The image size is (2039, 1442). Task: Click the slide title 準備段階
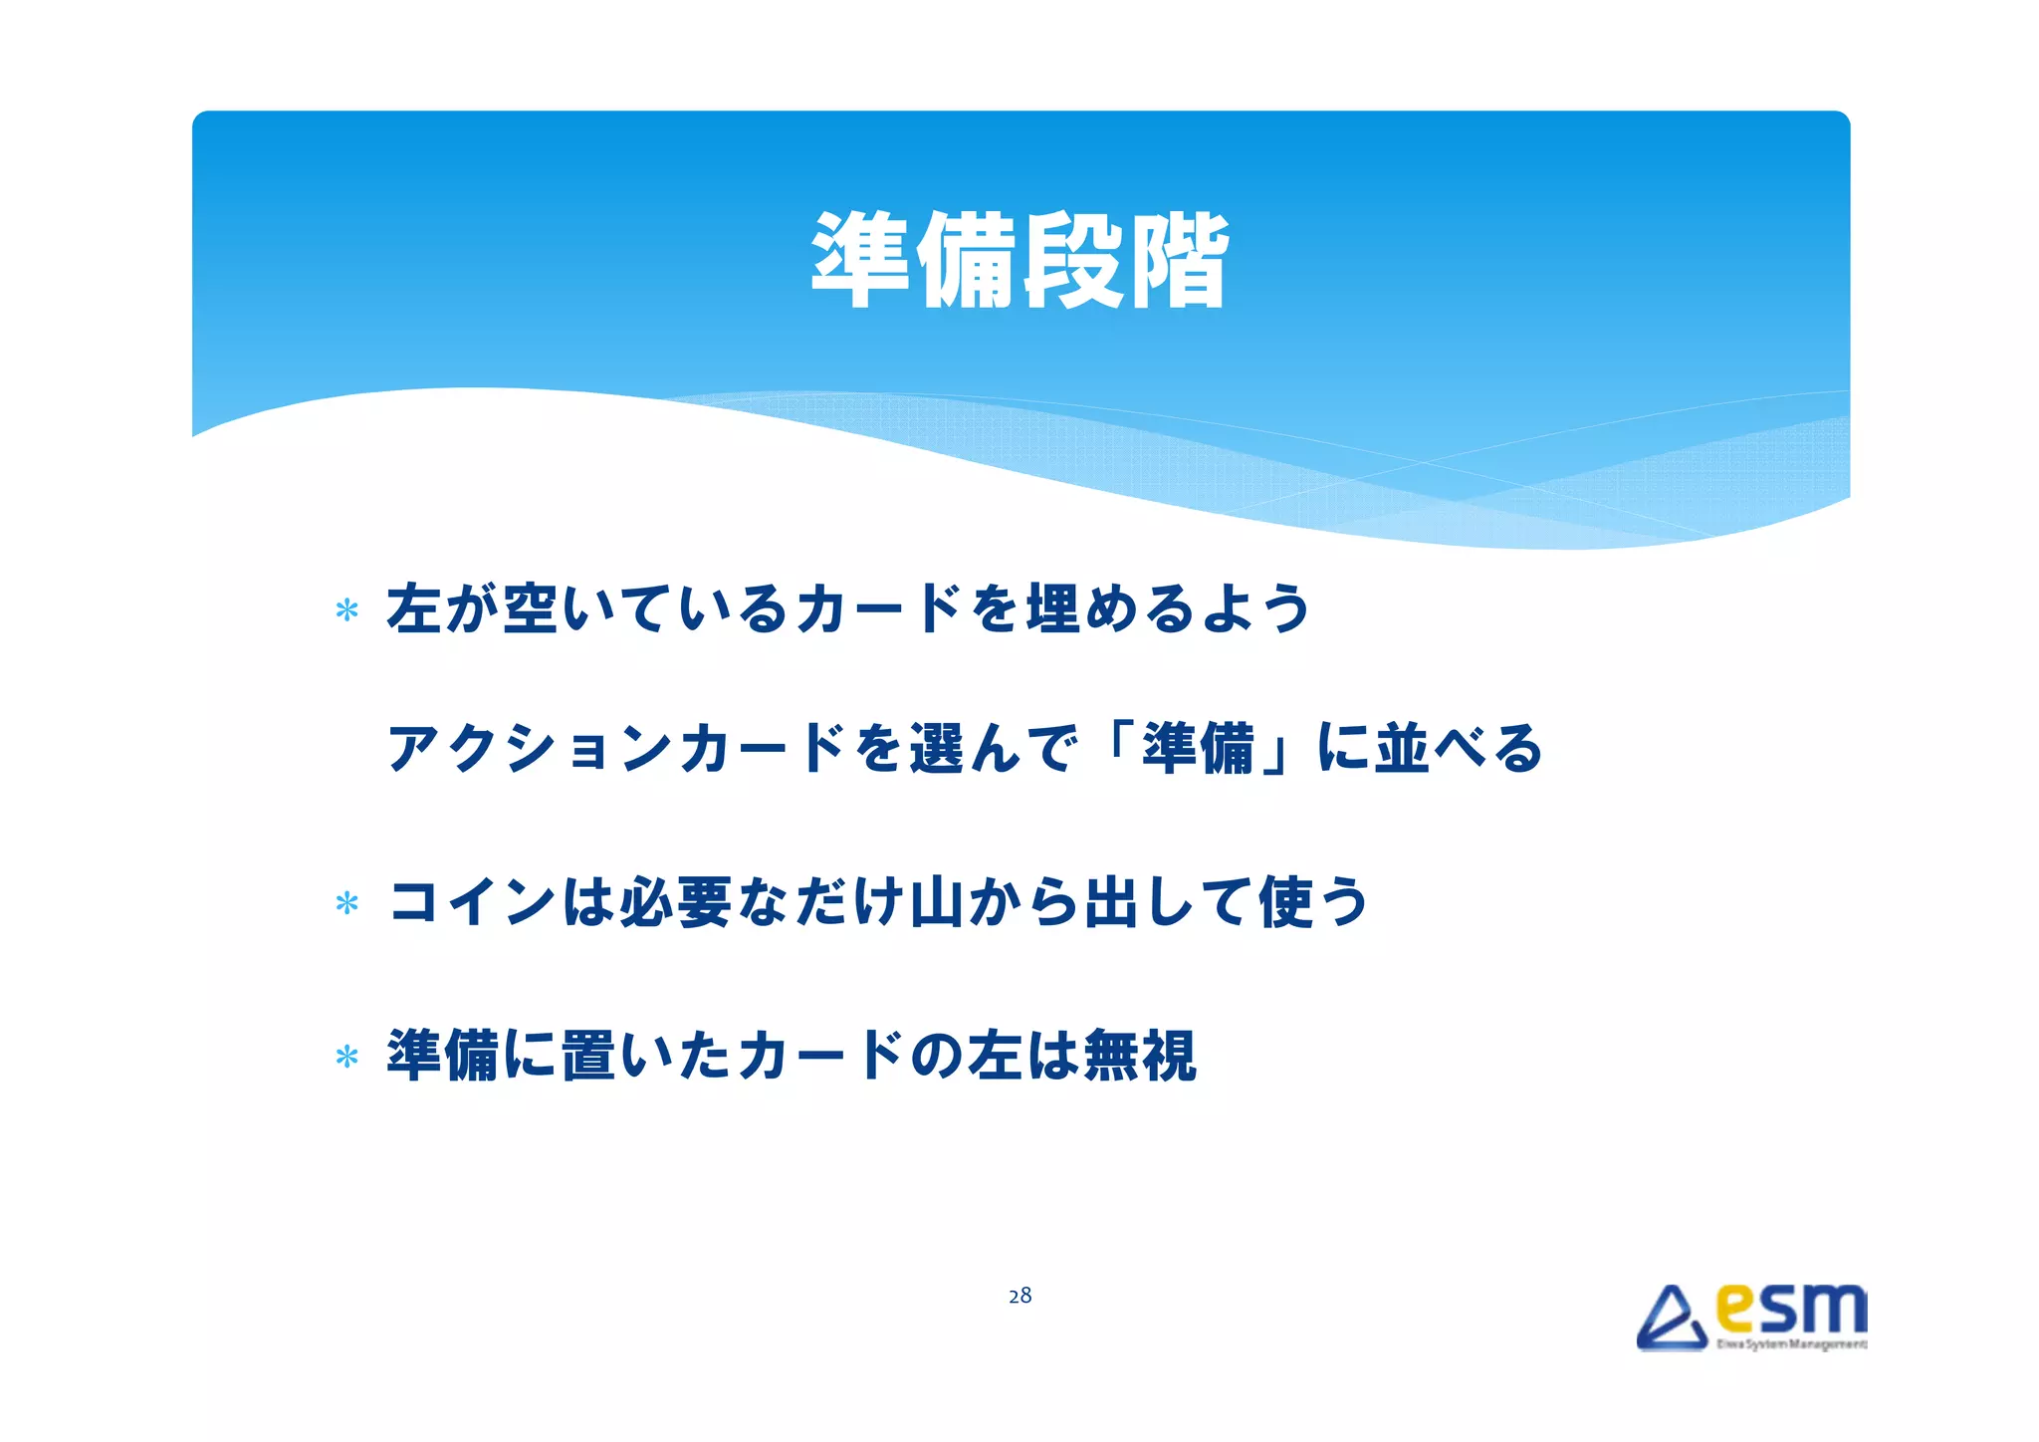pyautogui.click(x=1019, y=261)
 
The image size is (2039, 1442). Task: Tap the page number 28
pyautogui.click(x=1019, y=1296)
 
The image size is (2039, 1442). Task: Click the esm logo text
pyautogui.click(x=1790, y=1311)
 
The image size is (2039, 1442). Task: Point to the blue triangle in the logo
pyautogui.click(x=1671, y=1320)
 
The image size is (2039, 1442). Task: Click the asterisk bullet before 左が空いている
pyautogui.click(x=346, y=609)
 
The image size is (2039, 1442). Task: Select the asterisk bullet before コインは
pyautogui.click(x=346, y=903)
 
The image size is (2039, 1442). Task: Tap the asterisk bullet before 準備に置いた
pyautogui.click(x=346, y=1057)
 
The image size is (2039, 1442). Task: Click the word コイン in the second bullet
pyautogui.click(x=472, y=902)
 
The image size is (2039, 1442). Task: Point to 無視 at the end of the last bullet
pyautogui.click(x=1139, y=1056)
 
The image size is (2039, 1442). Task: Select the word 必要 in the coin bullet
pyautogui.click(x=675, y=902)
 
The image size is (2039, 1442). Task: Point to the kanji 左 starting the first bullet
pyautogui.click(x=414, y=608)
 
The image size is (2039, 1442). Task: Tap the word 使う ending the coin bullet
pyautogui.click(x=1314, y=902)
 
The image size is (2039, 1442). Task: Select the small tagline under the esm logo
pyautogui.click(x=1790, y=1344)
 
